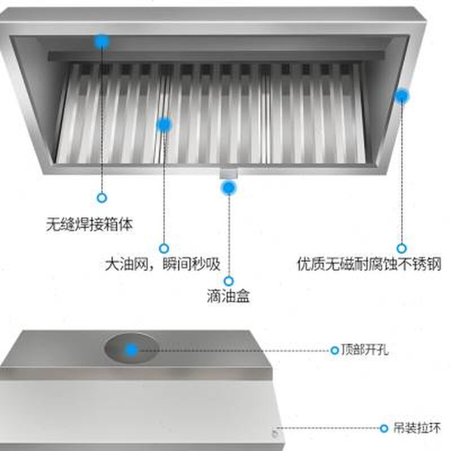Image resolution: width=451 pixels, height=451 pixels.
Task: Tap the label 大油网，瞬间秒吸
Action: tap(162, 264)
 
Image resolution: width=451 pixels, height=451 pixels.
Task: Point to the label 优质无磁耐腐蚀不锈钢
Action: tap(369, 264)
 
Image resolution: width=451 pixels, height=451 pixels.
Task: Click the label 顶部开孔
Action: tap(364, 350)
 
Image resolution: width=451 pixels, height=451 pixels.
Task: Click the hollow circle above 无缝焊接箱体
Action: tap(102, 198)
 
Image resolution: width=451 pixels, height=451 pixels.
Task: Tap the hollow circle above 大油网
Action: tap(163, 247)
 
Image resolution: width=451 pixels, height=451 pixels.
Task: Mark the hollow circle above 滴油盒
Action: tap(228, 280)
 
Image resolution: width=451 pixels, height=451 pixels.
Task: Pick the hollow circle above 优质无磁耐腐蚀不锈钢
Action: tap(401, 247)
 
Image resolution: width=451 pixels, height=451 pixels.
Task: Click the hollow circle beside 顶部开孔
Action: tap(335, 350)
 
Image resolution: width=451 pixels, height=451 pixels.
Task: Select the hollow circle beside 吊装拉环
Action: tap(384, 428)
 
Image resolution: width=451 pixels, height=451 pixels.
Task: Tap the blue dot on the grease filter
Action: tap(163, 124)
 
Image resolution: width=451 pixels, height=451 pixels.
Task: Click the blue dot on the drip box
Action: tap(228, 187)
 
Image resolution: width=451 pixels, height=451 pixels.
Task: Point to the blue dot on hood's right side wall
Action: tap(401, 95)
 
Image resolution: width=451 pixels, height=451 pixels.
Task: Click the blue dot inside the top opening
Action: tap(131, 350)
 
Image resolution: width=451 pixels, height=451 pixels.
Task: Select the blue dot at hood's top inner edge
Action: tap(102, 41)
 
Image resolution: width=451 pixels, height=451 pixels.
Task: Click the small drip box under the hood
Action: tap(228, 173)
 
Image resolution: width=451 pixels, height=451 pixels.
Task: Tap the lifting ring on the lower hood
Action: tap(275, 433)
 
